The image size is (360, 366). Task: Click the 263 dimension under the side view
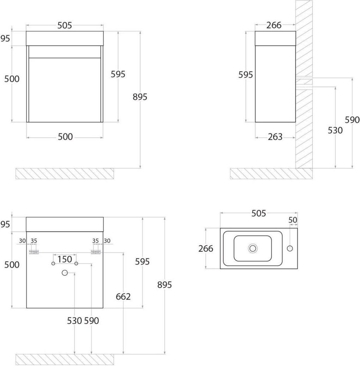coord(275,137)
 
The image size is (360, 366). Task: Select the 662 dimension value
coord(123,296)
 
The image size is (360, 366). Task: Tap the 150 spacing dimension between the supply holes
coord(65,259)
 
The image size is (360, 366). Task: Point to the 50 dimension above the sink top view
coord(293,220)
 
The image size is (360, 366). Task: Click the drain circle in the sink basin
coord(253,248)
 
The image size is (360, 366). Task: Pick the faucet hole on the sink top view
coord(290,248)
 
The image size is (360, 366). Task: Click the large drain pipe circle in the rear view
coord(65,272)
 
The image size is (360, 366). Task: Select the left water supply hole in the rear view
coord(53,264)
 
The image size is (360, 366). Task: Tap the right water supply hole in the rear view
coord(76,264)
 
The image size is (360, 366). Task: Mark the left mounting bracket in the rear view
coord(34,252)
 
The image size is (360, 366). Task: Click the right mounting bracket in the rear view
coord(96,252)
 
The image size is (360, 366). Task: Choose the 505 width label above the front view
coord(65,25)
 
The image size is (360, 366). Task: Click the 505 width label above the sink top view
coord(259,213)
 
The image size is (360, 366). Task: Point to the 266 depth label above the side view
coord(274,25)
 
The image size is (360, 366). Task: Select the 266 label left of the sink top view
coord(206,248)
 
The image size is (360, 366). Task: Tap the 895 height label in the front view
coord(140,97)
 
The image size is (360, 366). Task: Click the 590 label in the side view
coord(352,120)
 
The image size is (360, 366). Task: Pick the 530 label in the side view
coord(335,130)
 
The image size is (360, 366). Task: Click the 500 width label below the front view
coord(65,137)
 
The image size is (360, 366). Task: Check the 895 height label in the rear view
coord(165,285)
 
